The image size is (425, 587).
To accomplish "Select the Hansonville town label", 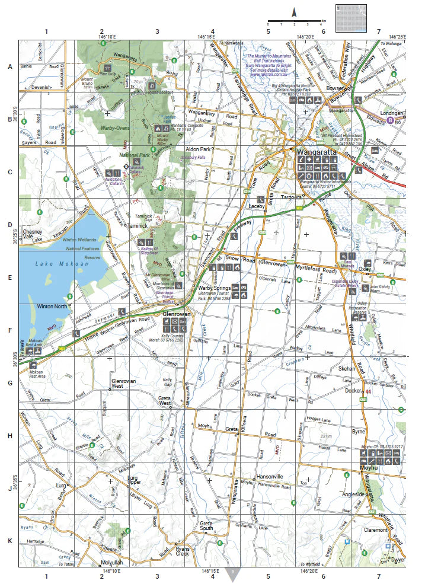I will [271, 477].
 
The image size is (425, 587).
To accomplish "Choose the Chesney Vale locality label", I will [30, 234].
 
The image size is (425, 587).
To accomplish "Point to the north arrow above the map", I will [293, 12].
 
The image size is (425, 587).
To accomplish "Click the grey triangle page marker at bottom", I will [234, 573].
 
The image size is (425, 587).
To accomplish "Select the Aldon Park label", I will [198, 149].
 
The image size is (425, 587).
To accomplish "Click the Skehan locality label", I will [347, 368].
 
